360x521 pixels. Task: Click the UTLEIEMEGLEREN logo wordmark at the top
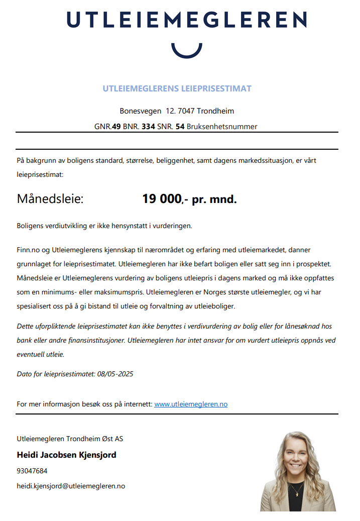click(x=186, y=20)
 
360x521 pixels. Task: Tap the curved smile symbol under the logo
click(x=186, y=50)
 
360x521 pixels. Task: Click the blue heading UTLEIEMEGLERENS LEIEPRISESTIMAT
click(x=177, y=89)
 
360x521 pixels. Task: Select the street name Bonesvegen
click(x=140, y=111)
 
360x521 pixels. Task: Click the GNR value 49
click(x=116, y=127)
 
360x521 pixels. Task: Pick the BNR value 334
click(x=148, y=127)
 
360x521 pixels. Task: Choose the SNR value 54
click(x=180, y=127)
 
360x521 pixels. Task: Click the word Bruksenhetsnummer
click(x=221, y=127)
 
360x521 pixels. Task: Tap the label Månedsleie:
click(x=50, y=199)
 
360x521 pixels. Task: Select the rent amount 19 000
click(x=161, y=199)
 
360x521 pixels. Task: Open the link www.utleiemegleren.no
click(x=191, y=404)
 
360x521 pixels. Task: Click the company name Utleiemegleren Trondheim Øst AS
click(x=70, y=439)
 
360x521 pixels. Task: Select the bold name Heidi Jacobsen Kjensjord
click(x=66, y=455)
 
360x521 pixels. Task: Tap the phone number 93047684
click(x=32, y=471)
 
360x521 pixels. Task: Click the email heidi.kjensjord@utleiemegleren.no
click(x=71, y=486)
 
